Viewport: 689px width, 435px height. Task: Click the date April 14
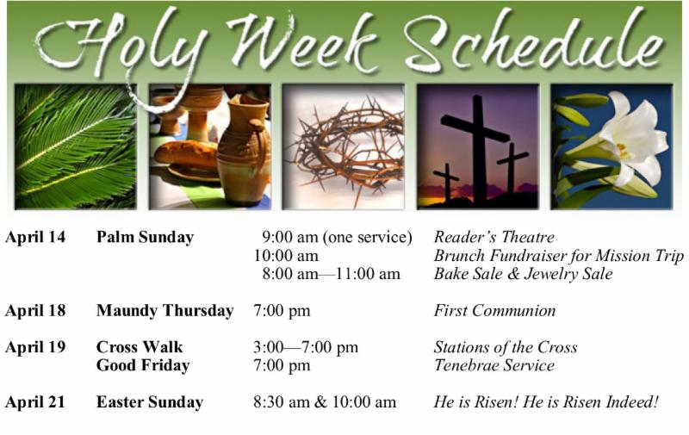[35, 237]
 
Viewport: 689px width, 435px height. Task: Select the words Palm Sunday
[145, 237]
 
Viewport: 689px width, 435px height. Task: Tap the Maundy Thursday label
[164, 311]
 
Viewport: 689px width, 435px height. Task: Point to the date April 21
[35, 402]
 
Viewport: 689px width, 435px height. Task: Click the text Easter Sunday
[150, 402]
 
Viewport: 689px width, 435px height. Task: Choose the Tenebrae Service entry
[493, 365]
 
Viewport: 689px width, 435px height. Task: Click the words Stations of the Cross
[506, 347]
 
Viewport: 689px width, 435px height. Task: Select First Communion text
[494, 311]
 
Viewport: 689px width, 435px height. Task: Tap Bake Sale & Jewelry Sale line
[523, 274]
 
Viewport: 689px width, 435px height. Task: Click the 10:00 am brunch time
[286, 256]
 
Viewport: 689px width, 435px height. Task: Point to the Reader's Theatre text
[493, 237]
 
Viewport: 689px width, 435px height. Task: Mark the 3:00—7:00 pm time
[306, 347]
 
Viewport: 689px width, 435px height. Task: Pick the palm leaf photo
[76, 146]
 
